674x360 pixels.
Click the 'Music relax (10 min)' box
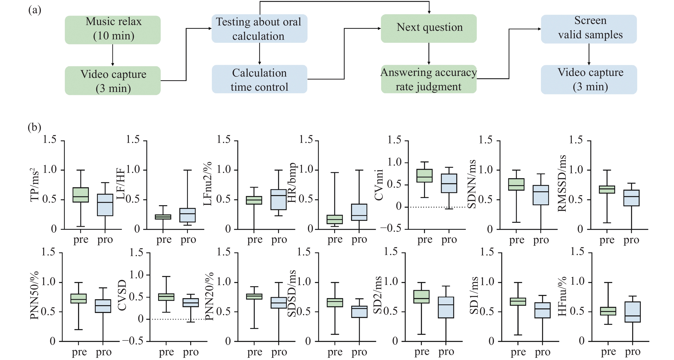(113, 30)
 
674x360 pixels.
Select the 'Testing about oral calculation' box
(259, 28)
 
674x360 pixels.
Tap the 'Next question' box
(429, 28)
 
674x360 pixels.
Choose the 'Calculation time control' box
(259, 79)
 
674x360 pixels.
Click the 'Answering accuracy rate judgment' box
(429, 79)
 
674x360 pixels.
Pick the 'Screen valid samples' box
(589, 29)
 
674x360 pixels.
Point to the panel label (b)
(34, 127)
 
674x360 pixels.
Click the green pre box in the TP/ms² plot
(81, 195)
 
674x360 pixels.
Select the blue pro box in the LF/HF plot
(187, 215)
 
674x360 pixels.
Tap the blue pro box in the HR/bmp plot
(359, 212)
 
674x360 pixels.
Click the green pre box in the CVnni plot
(424, 176)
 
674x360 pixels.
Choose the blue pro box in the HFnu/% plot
(632, 312)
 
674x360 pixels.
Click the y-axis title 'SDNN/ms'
(472, 184)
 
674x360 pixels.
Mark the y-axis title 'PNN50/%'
(34, 296)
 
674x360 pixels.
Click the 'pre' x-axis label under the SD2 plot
(422, 352)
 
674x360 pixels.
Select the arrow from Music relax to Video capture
(113, 55)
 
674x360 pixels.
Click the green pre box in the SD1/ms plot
(518, 302)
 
